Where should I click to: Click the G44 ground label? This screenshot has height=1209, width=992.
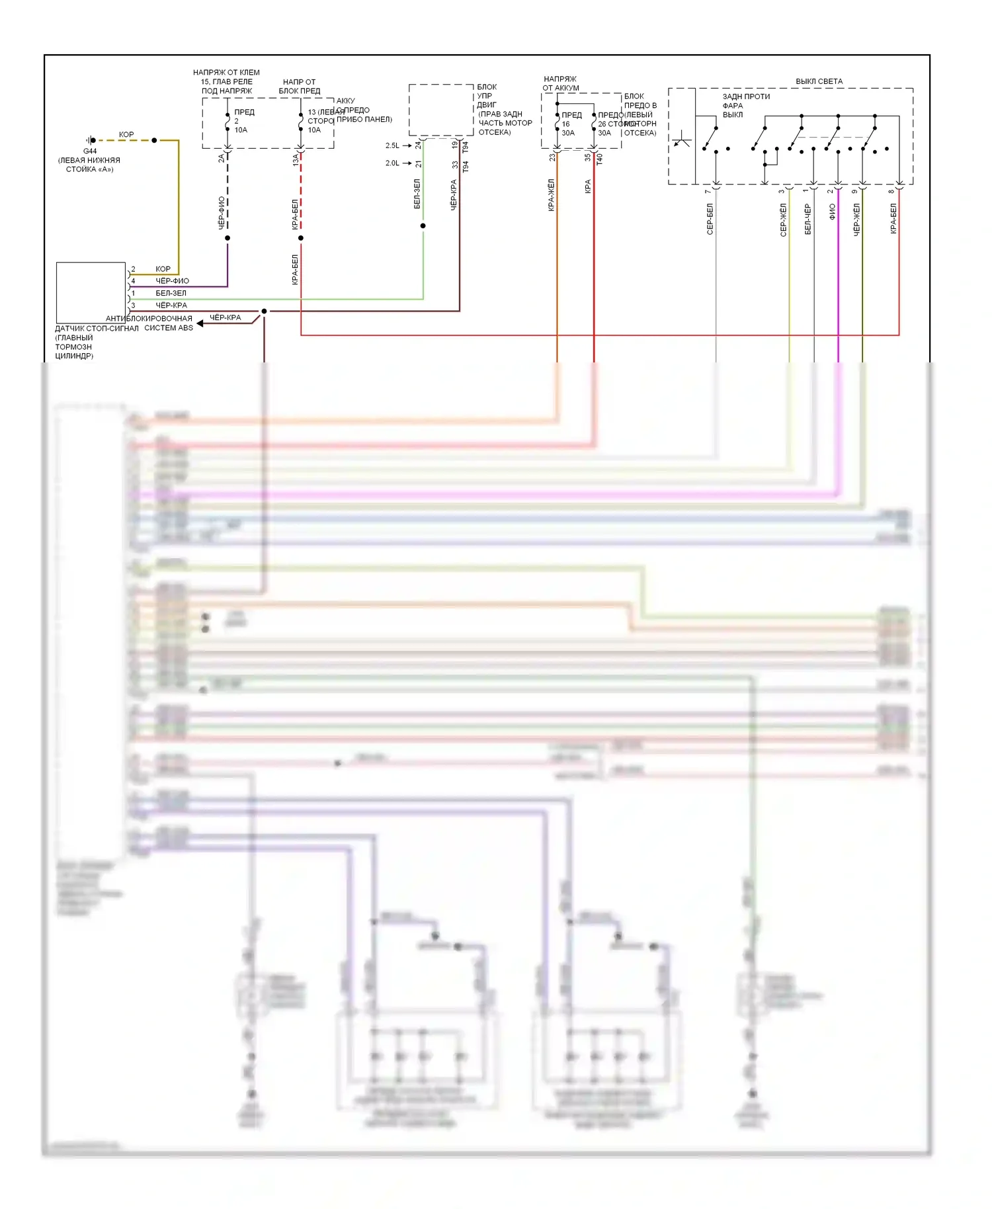click(x=90, y=151)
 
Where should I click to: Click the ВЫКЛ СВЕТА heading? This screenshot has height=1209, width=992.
click(x=819, y=81)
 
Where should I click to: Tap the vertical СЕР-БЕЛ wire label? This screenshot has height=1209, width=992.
click(x=710, y=219)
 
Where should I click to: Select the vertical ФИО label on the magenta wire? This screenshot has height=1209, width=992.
click(x=832, y=212)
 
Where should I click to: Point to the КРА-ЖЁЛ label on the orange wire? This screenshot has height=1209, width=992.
click(x=551, y=195)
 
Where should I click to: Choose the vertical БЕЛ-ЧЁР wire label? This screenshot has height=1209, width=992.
click(x=807, y=219)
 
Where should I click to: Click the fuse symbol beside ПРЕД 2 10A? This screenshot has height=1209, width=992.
click(x=227, y=122)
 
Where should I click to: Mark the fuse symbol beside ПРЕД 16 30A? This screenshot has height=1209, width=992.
click(x=557, y=123)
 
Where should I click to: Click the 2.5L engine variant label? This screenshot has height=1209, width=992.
click(x=392, y=146)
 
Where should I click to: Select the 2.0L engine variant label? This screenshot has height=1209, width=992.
click(x=392, y=163)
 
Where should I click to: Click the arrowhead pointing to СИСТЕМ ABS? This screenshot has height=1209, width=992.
click(x=200, y=323)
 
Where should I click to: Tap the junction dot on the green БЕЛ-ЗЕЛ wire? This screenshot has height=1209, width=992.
click(x=423, y=226)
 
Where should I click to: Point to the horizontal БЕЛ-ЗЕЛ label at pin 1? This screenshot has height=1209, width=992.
click(x=171, y=293)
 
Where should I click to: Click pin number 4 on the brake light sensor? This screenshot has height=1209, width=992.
click(x=133, y=281)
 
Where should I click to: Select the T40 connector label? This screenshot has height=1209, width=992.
click(x=600, y=159)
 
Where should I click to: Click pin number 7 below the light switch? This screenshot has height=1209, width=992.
click(x=708, y=191)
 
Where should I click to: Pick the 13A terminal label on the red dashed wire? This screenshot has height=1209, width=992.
click(x=296, y=159)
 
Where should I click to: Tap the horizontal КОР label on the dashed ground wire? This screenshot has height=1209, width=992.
click(x=126, y=134)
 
